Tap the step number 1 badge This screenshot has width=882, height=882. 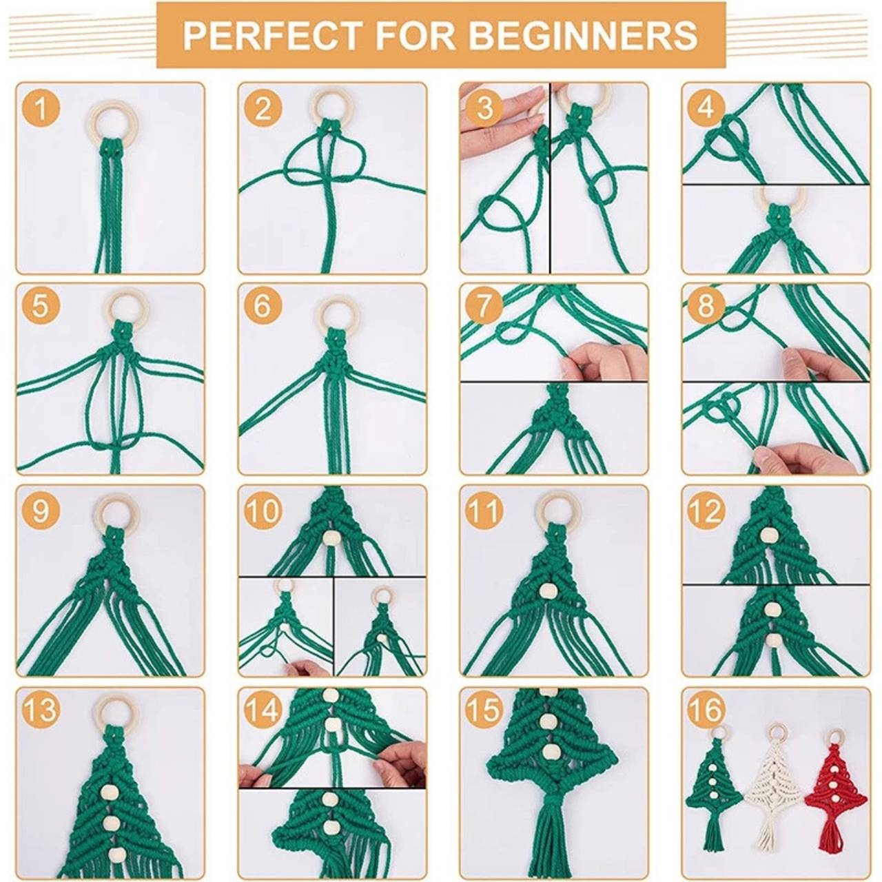pos(41,110)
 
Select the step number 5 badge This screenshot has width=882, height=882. pos(41,306)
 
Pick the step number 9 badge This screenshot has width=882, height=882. pos(41,510)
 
